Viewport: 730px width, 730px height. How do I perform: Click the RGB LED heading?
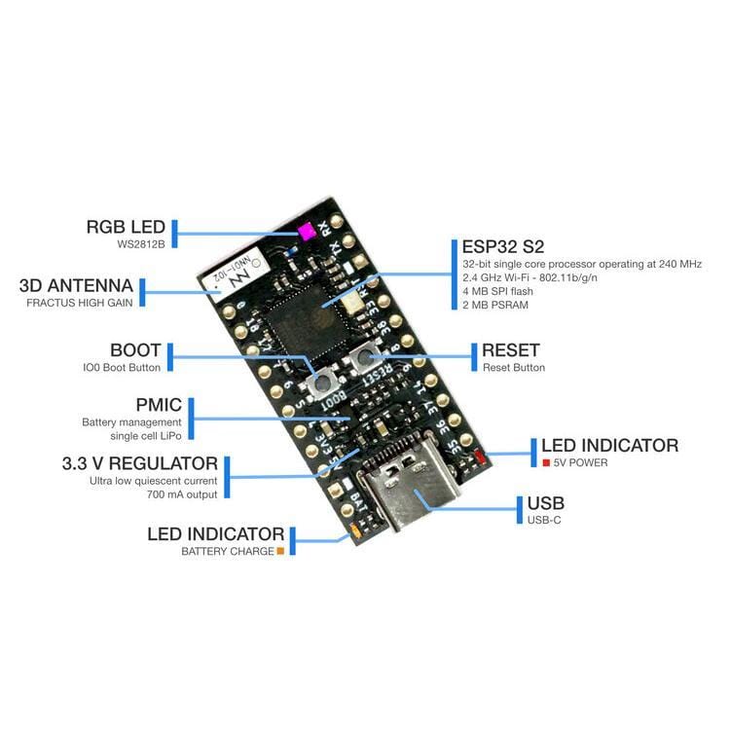[126, 227]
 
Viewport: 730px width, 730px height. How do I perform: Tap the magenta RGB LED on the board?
[305, 232]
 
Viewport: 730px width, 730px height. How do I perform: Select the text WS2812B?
[142, 244]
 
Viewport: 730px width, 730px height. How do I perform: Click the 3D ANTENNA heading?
[76, 286]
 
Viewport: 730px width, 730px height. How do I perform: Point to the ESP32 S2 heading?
[500, 246]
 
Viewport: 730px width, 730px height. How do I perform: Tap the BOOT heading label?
[135, 350]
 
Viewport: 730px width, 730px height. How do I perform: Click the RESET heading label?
[510, 350]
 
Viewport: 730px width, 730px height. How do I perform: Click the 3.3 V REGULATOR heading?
[140, 463]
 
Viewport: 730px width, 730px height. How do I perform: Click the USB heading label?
[545, 503]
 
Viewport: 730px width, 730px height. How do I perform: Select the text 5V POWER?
[581, 462]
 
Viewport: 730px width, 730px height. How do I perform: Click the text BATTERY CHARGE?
[228, 551]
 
